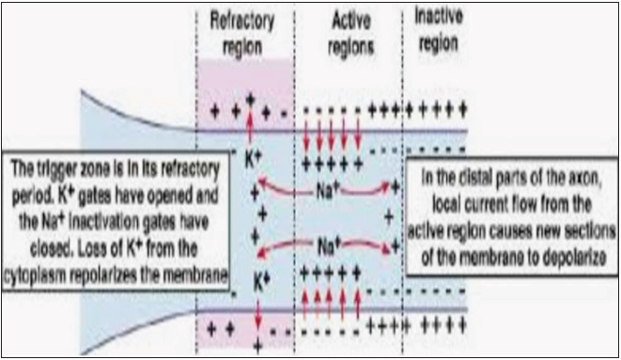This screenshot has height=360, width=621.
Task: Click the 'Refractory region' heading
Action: click(x=242, y=34)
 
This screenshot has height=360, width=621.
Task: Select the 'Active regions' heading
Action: click(x=350, y=34)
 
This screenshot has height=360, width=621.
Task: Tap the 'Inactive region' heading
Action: click(x=439, y=30)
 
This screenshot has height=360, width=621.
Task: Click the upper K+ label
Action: click(x=253, y=159)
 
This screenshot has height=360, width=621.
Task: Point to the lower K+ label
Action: click(x=261, y=282)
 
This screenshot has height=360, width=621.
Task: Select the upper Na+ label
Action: click(x=328, y=192)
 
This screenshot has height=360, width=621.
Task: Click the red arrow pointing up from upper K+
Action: click(x=250, y=129)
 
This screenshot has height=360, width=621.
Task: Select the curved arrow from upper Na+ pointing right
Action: click(x=365, y=192)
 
